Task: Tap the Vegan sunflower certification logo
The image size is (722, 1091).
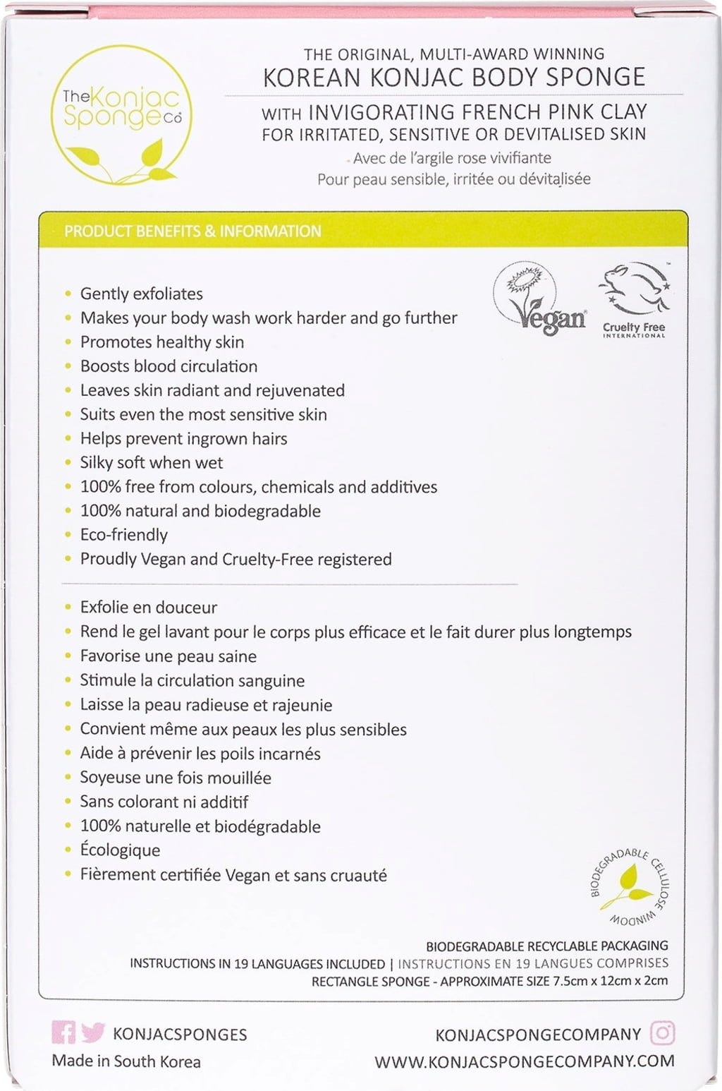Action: pos(540,298)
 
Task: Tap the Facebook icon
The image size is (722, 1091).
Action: pos(63,1033)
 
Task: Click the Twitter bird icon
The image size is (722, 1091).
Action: pos(92,1033)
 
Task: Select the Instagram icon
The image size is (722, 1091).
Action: pos(662,1033)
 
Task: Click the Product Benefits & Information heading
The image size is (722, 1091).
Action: pos(192,231)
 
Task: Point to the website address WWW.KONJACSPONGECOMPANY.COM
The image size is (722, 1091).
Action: pos(524,1061)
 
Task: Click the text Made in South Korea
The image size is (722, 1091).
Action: pos(126,1061)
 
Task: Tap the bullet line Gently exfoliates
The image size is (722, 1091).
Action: pos(141,294)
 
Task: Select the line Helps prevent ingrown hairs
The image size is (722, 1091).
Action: pos(183,438)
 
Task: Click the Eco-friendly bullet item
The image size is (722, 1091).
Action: pos(123,535)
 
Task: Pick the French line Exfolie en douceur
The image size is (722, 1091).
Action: pos(148,608)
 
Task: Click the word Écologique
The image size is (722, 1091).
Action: pos(120,850)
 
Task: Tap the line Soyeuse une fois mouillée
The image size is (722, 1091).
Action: pos(175,778)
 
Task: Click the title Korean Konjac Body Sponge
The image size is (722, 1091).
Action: pos(454,77)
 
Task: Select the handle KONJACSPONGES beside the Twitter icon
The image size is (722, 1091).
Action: pos(180,1035)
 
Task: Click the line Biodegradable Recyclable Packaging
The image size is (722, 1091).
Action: pos(546,946)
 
